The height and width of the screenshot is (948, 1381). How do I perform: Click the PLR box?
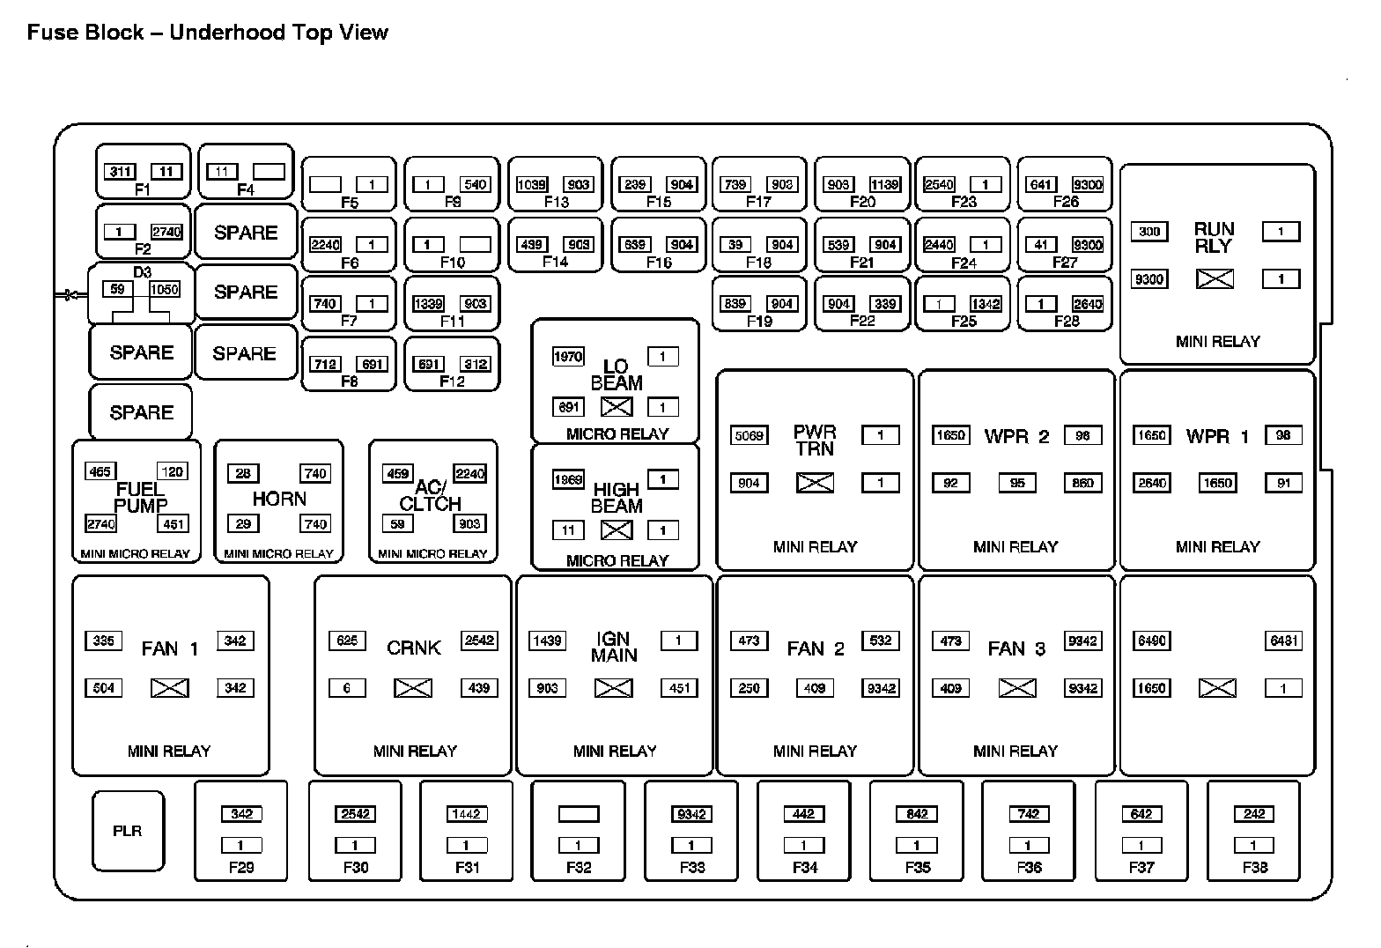click(x=128, y=831)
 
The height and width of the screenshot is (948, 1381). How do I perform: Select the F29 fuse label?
click(x=241, y=867)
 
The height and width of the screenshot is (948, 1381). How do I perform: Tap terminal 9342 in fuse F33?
click(x=691, y=814)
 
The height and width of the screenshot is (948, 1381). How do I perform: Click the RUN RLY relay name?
click(x=1215, y=238)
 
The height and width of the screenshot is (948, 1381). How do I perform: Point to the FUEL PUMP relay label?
click(x=141, y=498)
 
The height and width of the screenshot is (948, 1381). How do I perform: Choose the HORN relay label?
click(x=279, y=499)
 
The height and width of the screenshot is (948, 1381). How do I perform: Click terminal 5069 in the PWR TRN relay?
click(x=749, y=435)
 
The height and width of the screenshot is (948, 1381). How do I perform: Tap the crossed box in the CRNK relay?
click(x=412, y=688)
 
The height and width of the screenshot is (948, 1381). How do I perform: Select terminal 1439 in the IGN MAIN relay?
click(x=547, y=641)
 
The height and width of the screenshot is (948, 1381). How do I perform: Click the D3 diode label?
click(x=142, y=272)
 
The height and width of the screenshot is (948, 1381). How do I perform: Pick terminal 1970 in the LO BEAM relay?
click(x=568, y=356)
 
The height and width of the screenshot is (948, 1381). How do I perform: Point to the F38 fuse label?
click(x=1254, y=867)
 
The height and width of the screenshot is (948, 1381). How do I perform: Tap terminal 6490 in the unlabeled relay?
click(x=1151, y=641)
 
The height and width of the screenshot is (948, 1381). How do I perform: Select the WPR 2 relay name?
click(x=1016, y=437)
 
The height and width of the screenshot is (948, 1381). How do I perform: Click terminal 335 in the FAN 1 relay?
click(x=104, y=641)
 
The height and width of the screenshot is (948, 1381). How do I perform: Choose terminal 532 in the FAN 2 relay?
click(x=881, y=641)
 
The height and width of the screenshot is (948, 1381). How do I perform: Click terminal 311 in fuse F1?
click(x=121, y=172)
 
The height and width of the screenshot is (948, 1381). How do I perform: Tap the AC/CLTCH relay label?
click(x=431, y=496)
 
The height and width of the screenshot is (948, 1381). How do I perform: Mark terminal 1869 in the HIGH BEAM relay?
click(x=568, y=480)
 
